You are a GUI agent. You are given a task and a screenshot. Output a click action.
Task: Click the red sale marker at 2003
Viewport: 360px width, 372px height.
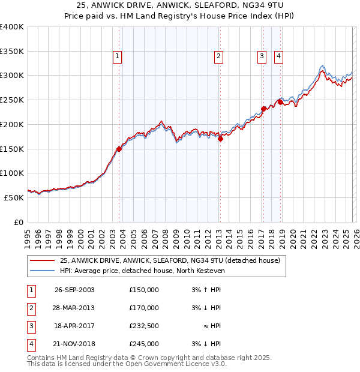[119, 149]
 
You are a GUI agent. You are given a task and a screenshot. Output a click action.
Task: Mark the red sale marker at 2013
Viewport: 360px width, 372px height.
[220, 139]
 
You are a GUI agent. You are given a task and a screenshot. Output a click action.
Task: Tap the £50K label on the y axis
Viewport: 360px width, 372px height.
[14, 197]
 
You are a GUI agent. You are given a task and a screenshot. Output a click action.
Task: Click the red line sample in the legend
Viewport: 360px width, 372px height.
[43, 261]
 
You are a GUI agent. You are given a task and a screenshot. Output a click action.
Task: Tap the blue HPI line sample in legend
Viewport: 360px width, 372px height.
[43, 271]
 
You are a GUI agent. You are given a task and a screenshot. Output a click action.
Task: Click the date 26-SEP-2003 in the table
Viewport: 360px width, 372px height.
[74, 290]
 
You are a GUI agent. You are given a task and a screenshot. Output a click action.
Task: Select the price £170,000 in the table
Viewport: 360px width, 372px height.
[144, 308]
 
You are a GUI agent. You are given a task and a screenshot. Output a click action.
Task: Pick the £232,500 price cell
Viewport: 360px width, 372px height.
[144, 326]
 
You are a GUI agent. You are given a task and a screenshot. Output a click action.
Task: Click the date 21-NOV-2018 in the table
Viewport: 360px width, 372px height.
[74, 344]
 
